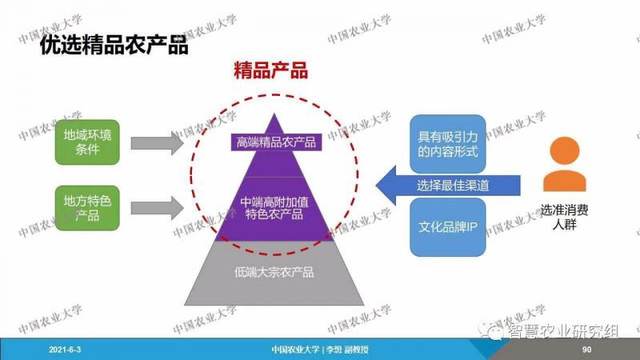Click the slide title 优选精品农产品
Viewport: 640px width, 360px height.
pos(114,45)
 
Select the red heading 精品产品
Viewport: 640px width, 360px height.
pos(270,70)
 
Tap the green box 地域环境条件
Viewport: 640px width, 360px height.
pos(87,142)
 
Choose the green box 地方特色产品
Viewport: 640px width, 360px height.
pos(87,208)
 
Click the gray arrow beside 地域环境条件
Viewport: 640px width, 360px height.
pos(157,143)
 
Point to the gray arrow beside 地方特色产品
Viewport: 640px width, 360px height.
pos(157,208)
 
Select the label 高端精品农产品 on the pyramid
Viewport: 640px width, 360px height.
pos(276,142)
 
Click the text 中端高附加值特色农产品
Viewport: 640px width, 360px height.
pos(274,208)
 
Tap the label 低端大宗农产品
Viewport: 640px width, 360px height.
pos(274,272)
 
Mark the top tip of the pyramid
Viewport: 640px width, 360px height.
pos(274,114)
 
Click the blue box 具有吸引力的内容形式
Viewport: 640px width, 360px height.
pos(448,144)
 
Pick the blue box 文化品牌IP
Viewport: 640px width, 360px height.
pos(448,227)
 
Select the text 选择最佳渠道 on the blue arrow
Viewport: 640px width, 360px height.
pos(453,186)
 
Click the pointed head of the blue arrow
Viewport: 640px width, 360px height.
pos(376,186)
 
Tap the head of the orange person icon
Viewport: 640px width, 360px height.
pos(565,151)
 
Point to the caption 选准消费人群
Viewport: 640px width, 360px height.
pos(565,217)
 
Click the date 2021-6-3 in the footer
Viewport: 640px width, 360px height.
pos(65,350)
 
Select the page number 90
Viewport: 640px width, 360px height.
pos(586,350)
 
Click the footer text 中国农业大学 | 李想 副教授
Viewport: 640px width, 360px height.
pos(320,350)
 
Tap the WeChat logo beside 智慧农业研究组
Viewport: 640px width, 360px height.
pos(492,330)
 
